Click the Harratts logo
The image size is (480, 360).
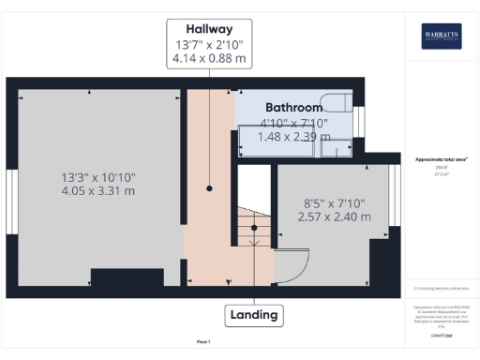[441, 36]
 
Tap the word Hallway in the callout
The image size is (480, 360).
[209, 28]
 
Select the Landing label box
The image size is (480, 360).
[255, 315]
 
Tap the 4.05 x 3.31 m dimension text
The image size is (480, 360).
[97, 191]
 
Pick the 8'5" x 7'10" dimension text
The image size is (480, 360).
[334, 202]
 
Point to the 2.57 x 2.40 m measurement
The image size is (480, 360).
[334, 217]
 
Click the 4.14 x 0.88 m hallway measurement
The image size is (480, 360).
[209, 60]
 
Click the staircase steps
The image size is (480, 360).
[248, 234]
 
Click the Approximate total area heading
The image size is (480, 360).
[442, 159]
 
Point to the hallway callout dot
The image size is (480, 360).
[209, 188]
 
